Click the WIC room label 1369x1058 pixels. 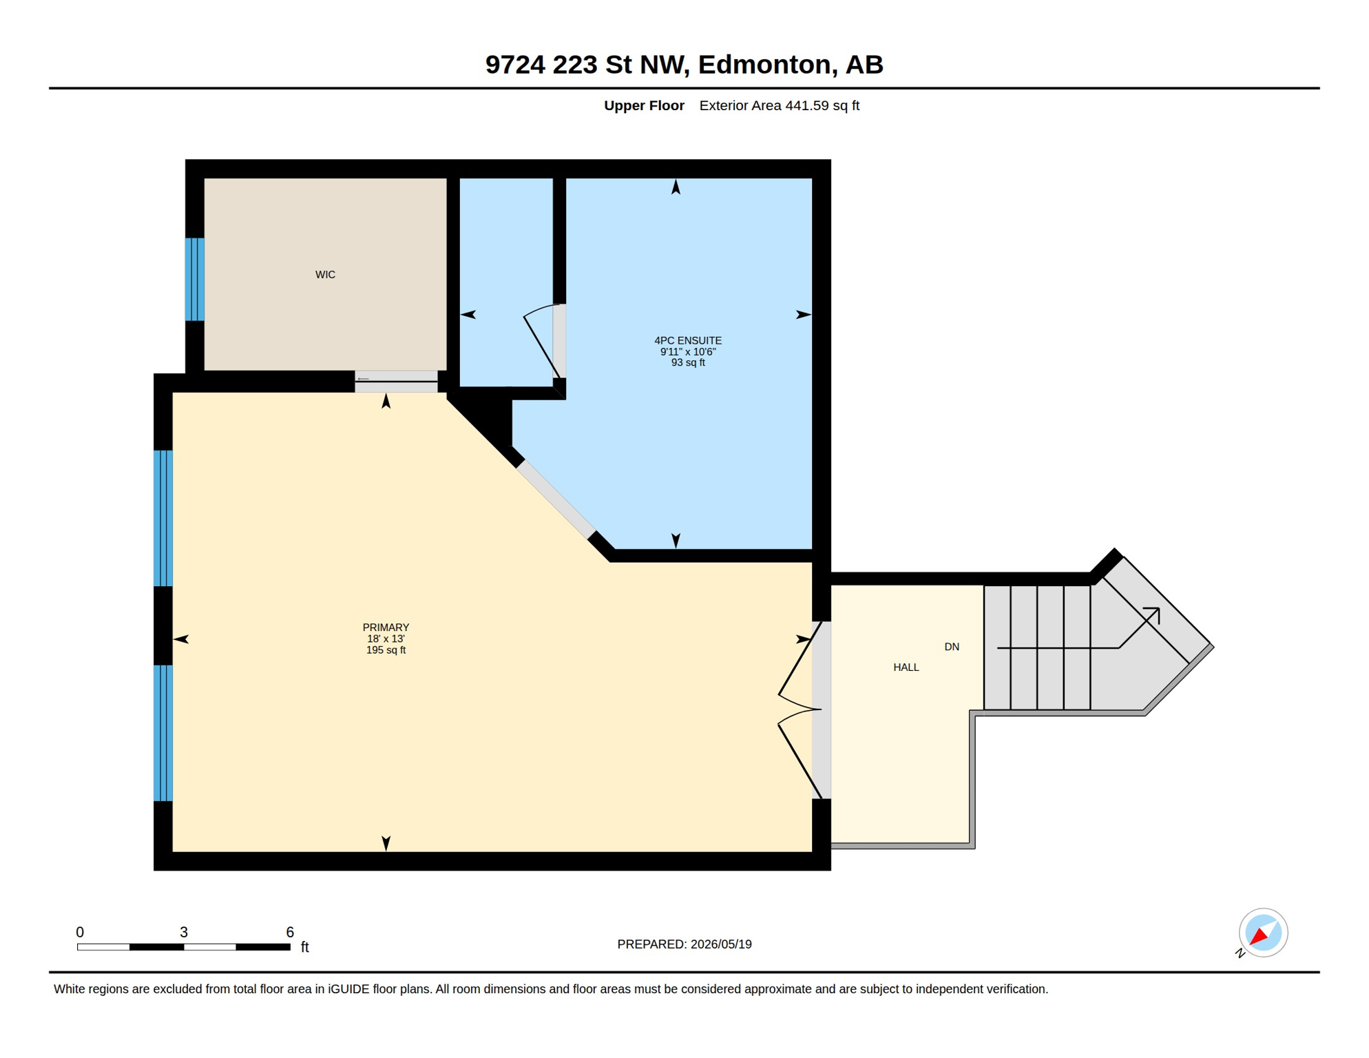pyautogui.click(x=325, y=275)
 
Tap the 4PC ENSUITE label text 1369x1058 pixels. pyautogui.click(x=688, y=340)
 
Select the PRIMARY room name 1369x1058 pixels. pyautogui.click(x=386, y=627)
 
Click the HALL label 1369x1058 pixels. pyautogui.click(x=906, y=667)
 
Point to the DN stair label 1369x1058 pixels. pyautogui.click(x=952, y=647)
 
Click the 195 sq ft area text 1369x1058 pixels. pyautogui.click(x=386, y=650)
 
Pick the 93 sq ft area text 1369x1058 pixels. pyautogui.click(x=688, y=363)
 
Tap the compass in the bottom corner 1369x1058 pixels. pyautogui.click(x=1263, y=933)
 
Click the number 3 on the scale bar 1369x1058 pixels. pyautogui.click(x=184, y=932)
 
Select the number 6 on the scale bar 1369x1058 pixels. pyautogui.click(x=290, y=932)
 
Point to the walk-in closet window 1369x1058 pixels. pyautogui.click(x=195, y=280)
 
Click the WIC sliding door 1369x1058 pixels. pyautogui.click(x=396, y=382)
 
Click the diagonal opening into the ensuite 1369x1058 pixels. pyautogui.click(x=556, y=499)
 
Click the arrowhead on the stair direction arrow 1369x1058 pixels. pyautogui.click(x=1154, y=613)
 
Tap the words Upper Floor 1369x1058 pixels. pyautogui.click(x=644, y=105)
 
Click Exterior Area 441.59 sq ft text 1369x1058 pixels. pyautogui.click(x=780, y=105)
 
